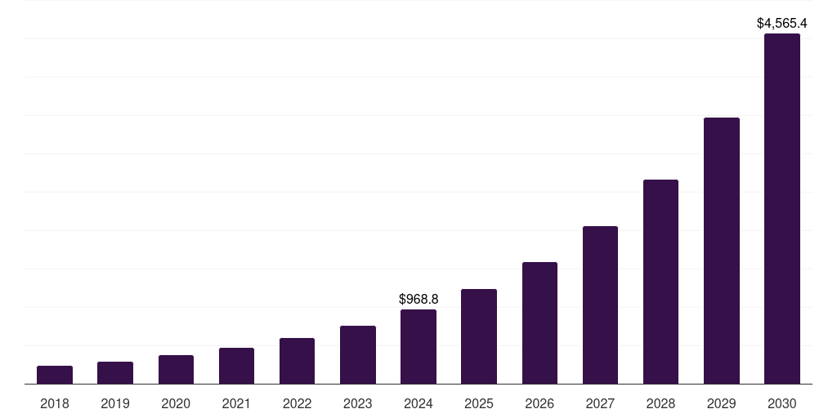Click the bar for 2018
point(55,375)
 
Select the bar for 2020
point(176,369)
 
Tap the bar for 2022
point(297,361)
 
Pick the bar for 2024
point(418,346)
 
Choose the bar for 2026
point(539,322)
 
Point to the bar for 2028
point(660,282)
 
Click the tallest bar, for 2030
point(782,208)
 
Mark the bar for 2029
point(722,251)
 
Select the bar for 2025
point(479,336)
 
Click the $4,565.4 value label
point(782,23)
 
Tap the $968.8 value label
point(418,300)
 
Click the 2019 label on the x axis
point(115,403)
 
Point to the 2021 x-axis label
point(236,403)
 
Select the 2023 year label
point(358,403)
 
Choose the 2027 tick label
point(600,403)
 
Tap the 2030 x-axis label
point(782,403)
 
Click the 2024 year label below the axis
point(418,403)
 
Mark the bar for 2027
point(600,305)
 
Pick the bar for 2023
point(358,354)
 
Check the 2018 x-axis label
point(55,403)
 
